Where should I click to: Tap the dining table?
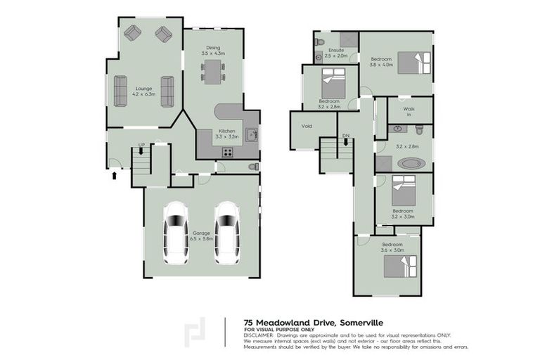point(212,71)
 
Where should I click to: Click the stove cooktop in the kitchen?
point(228,153)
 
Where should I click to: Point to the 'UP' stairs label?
point(141,145)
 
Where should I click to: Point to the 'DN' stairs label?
point(345,135)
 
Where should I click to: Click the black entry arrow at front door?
point(115,174)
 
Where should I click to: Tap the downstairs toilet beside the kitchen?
point(253,167)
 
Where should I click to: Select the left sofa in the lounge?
point(120,91)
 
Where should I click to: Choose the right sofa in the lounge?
point(167,91)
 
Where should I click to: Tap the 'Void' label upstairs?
point(307,127)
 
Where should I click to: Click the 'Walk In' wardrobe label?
point(409,112)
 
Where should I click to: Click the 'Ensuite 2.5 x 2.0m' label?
point(336,53)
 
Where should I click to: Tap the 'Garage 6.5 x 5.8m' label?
point(200,235)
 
